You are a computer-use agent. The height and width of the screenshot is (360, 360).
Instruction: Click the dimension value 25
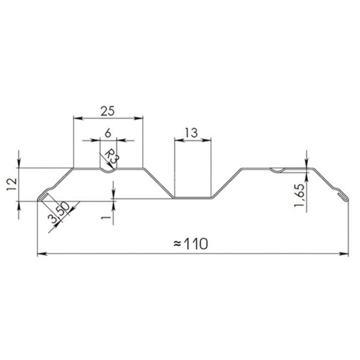click(x=107, y=112)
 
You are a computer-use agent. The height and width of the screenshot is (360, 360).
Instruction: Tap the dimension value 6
click(x=108, y=133)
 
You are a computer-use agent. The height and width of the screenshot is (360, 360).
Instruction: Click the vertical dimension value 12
click(x=12, y=184)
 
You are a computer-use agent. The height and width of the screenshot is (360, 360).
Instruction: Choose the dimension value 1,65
click(x=299, y=196)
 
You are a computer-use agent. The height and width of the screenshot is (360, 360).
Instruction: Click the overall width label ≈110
click(x=191, y=244)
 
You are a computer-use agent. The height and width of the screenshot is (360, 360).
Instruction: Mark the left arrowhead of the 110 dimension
click(x=42, y=254)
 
